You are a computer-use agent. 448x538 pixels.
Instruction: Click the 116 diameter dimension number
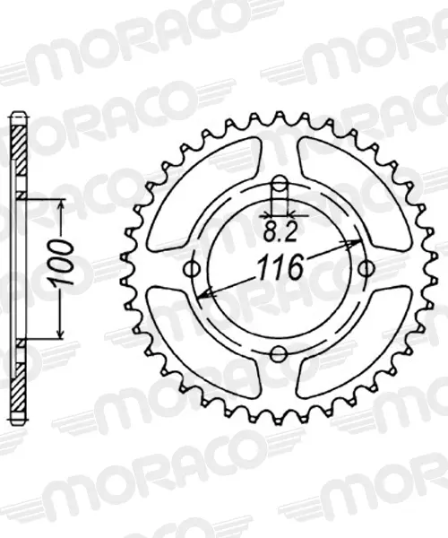coord(280,267)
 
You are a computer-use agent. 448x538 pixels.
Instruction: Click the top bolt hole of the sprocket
coord(280,184)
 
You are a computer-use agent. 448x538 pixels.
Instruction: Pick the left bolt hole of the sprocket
coord(193,269)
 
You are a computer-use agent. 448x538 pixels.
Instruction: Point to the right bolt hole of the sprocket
coord(366,269)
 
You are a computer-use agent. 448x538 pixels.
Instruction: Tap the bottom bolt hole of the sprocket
coord(279,354)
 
